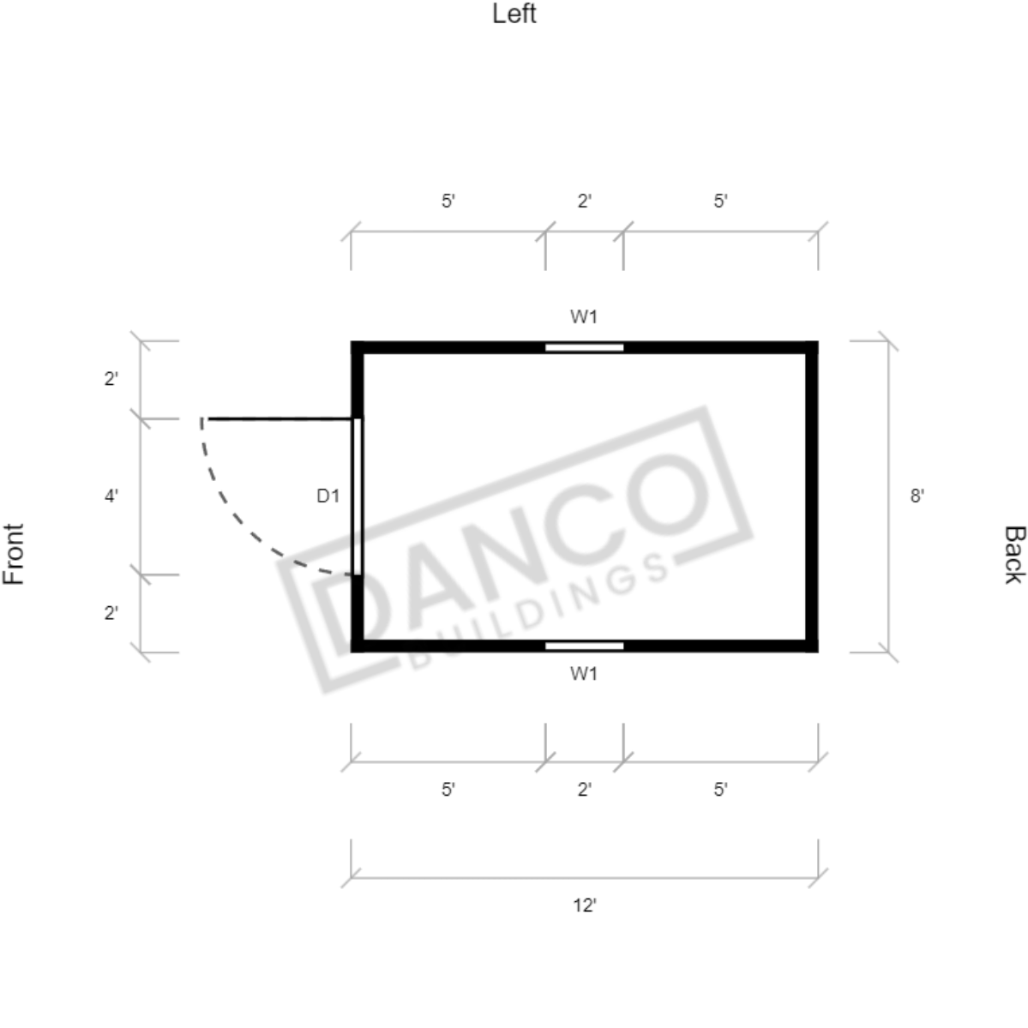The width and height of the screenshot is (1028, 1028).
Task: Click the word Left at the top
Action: click(514, 14)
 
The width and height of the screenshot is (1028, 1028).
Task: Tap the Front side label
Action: click(14, 554)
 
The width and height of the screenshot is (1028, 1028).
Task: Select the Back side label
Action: click(1014, 554)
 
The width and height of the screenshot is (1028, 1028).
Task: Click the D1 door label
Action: click(328, 496)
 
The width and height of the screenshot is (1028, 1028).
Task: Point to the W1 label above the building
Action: click(584, 316)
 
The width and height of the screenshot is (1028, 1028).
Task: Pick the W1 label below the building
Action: click(584, 673)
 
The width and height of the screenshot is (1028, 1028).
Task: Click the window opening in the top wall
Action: click(584, 347)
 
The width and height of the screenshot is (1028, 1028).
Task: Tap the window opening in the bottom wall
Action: click(584, 646)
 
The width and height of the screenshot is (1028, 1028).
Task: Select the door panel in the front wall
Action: click(358, 496)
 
